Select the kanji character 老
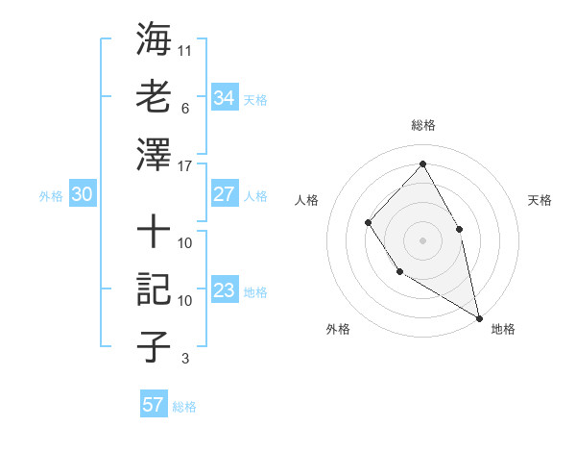tap(154, 97)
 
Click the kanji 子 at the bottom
tap(154, 346)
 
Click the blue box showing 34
tap(224, 98)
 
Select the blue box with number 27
tap(224, 194)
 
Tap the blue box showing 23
tap(224, 290)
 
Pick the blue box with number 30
tap(82, 194)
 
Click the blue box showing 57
tap(153, 405)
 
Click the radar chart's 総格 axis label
tap(422, 125)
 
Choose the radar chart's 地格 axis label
tap(503, 329)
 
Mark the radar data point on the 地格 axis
tap(479, 316)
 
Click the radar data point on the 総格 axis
tap(422, 163)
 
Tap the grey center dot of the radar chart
tap(422, 239)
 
